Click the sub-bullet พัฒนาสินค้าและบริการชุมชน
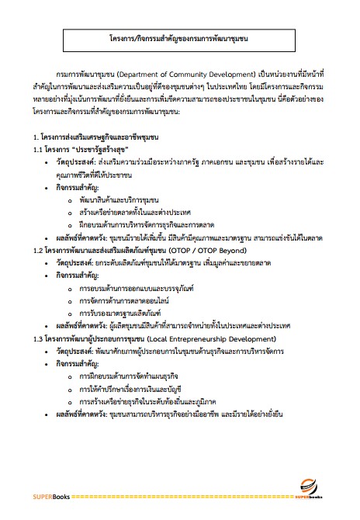109,200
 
